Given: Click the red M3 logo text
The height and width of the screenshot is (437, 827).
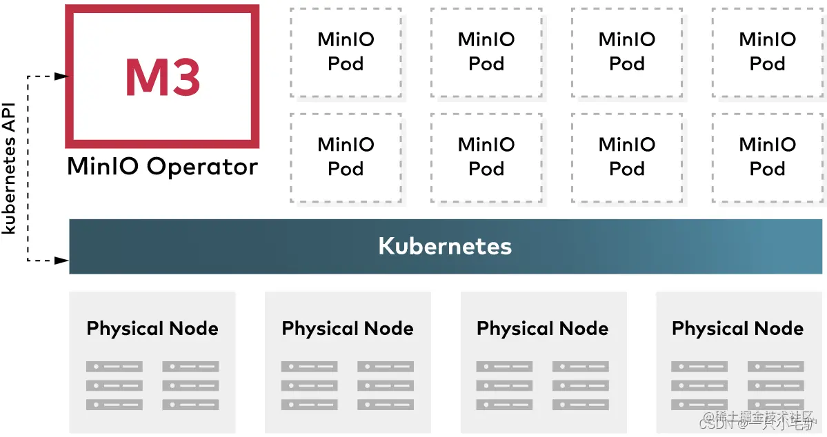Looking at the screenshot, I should (x=163, y=77).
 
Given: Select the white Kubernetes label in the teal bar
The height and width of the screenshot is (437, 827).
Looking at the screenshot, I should (x=445, y=246).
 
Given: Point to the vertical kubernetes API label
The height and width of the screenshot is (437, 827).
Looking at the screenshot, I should (x=10, y=179).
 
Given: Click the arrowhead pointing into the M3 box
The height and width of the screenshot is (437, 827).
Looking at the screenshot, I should (x=62, y=76).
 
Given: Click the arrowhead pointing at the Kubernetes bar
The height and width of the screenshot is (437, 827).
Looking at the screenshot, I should (x=63, y=261).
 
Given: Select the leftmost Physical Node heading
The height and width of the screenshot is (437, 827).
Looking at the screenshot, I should (x=152, y=329).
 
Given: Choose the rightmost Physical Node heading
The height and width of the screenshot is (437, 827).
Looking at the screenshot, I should (x=737, y=329).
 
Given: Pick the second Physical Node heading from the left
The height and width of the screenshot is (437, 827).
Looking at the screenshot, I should (x=348, y=329).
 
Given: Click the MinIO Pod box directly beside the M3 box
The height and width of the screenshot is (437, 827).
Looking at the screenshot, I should (x=346, y=52).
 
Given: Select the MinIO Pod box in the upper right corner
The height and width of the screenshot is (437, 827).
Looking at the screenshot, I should (x=767, y=52).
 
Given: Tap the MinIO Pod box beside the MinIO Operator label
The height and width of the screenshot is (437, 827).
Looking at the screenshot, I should (x=346, y=157).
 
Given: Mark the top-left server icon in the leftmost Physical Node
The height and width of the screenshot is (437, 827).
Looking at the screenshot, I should (x=114, y=367).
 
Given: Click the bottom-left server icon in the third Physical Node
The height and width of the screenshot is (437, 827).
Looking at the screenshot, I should (x=504, y=405).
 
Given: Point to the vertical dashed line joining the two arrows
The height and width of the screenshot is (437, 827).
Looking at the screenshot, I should (x=28, y=168).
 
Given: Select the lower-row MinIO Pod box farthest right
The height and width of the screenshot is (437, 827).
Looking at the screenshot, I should (x=767, y=157).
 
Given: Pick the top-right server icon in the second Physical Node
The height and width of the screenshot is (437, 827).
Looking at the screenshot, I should (x=386, y=367).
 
